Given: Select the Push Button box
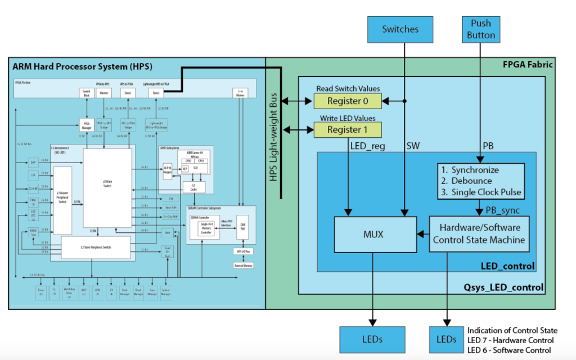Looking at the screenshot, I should pos(481,29).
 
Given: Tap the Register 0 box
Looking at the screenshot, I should pos(347,101).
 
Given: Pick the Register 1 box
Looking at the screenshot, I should pos(347,130).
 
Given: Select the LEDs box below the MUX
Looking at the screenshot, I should pos(372,339).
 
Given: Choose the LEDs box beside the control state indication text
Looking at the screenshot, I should pos(446,339).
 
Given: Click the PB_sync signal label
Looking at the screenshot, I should pos(502,210).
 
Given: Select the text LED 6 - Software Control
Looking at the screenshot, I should pos(509,350).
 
